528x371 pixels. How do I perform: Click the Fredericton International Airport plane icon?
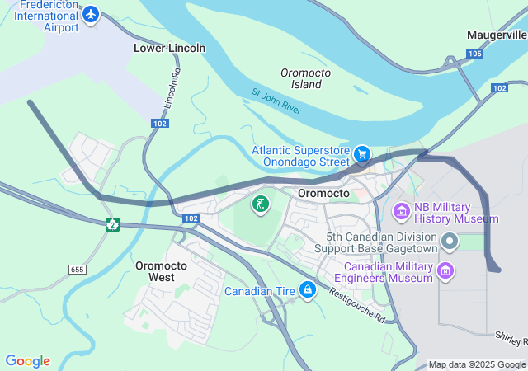(x=91, y=15)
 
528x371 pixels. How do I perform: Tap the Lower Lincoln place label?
(x=169, y=48)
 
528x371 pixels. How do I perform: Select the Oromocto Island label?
(x=305, y=78)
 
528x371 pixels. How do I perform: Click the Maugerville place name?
(x=496, y=35)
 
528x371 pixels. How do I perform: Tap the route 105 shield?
(x=474, y=54)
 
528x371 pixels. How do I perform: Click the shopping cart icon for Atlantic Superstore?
(x=361, y=154)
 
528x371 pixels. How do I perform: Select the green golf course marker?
(x=260, y=204)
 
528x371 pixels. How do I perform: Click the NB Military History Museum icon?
(x=401, y=212)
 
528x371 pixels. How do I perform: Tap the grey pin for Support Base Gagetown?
(x=450, y=241)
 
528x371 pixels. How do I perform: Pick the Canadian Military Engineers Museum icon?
(x=445, y=270)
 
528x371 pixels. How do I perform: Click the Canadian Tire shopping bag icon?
(x=308, y=290)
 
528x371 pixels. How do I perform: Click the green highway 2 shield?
(x=113, y=223)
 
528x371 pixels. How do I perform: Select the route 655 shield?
(x=78, y=270)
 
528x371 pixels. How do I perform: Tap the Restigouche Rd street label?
(x=356, y=304)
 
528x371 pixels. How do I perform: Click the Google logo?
(x=27, y=361)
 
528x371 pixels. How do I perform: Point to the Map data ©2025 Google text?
(x=477, y=364)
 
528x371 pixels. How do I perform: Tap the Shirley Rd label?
(x=511, y=338)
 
